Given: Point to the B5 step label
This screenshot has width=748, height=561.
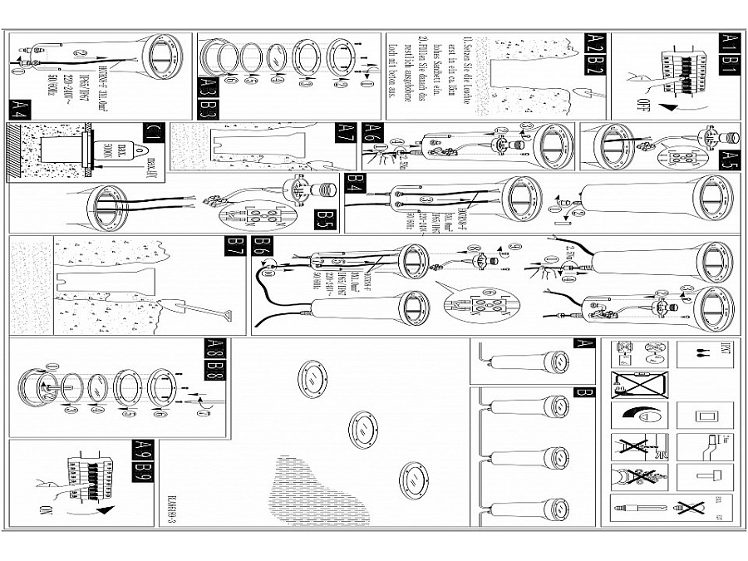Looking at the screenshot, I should [324, 220].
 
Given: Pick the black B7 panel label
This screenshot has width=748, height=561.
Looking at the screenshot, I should [236, 245].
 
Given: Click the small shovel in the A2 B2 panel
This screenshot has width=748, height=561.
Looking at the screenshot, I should [578, 96].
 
